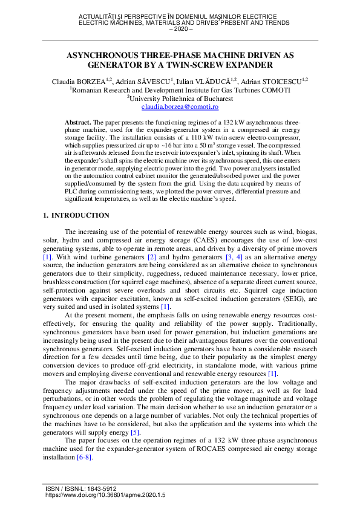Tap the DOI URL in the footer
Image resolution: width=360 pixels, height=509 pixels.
[x=105, y=494]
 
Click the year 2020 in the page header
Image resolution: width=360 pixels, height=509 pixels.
[x=180, y=28]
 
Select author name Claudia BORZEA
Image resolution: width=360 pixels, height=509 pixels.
[x=79, y=80]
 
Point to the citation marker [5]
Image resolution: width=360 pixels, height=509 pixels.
[x=136, y=432]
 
